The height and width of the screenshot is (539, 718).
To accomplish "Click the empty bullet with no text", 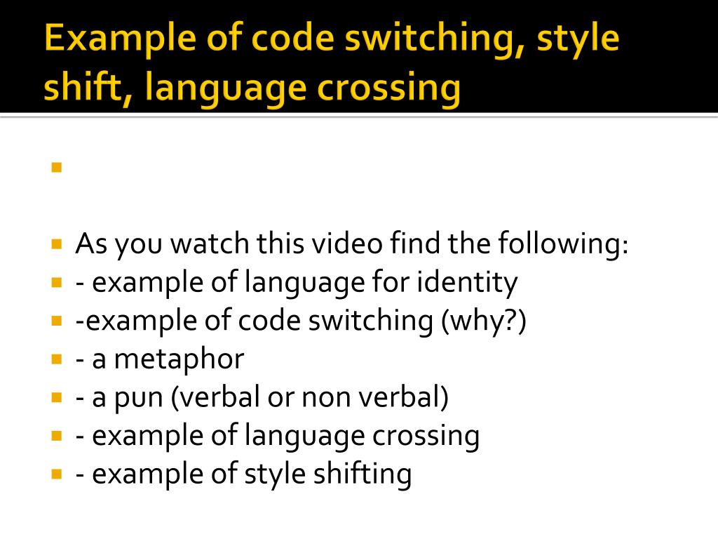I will [x=57, y=168].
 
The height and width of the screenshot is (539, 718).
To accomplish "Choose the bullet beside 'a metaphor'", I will [x=57, y=359].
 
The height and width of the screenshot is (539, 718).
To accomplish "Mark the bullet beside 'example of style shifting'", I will [x=57, y=474].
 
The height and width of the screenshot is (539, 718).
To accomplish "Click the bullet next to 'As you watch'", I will [x=57, y=245].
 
